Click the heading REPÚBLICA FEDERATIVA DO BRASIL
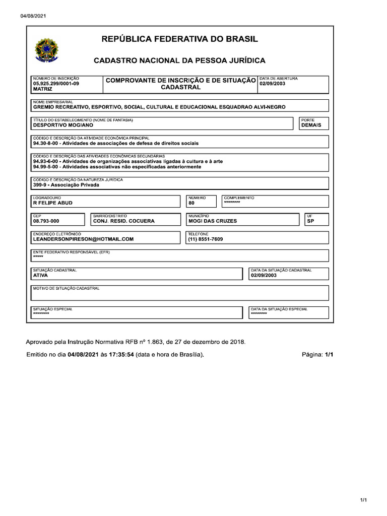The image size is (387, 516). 180,39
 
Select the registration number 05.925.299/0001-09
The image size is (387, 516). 56,84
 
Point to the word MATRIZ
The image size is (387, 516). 42,89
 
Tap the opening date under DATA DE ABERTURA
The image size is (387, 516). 273,84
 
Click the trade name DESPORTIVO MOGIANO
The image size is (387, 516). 63,125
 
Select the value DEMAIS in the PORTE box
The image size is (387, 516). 311,125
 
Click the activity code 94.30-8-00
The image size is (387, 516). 47,143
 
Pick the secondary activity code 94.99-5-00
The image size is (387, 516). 47,166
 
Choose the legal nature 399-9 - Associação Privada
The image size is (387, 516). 66,185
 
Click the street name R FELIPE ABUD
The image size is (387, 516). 52,203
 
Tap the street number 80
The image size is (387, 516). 191,203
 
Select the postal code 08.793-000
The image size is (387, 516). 46,221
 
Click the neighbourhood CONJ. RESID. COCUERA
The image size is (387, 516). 124,221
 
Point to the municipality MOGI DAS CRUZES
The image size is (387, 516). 212,221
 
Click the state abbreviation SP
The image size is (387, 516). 310,221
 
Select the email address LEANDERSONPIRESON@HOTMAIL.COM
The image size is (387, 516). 83,239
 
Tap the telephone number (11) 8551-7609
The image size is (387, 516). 205,239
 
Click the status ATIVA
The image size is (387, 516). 40,276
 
